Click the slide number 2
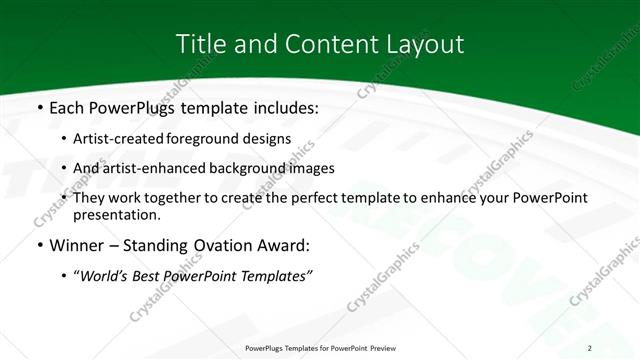pyautogui.click(x=590, y=347)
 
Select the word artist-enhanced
pyautogui.click(x=152, y=168)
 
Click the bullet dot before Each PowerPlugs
pyautogui.click(x=38, y=107)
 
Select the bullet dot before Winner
pyautogui.click(x=38, y=245)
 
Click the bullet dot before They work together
pyautogui.click(x=65, y=199)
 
